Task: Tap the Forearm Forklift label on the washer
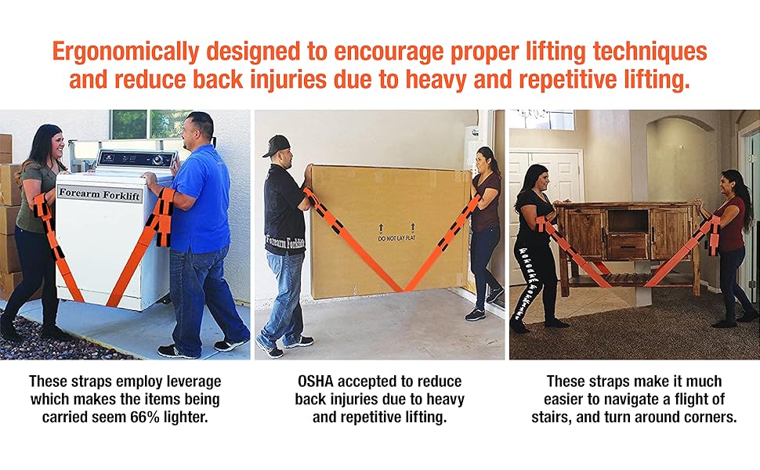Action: click(x=99, y=194)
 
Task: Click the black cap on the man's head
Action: click(x=277, y=144)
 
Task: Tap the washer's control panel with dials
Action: click(x=134, y=159)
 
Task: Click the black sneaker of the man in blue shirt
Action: click(x=177, y=350)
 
